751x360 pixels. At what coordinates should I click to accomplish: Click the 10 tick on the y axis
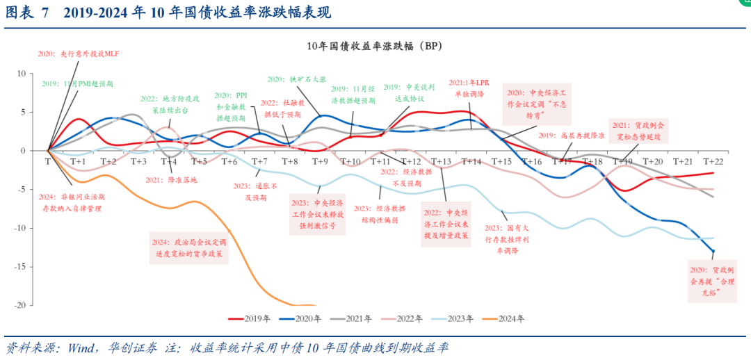pos(21,73)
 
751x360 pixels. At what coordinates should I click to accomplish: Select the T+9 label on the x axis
pos(320,161)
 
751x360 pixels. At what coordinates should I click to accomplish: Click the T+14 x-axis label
pos(471,161)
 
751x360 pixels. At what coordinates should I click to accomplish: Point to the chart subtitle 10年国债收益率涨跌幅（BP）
pos(375,46)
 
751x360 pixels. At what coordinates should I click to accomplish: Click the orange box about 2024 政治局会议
pos(189,248)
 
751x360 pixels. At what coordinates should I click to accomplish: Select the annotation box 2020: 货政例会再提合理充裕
pos(713,282)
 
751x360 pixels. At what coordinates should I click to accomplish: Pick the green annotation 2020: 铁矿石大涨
pos(297,79)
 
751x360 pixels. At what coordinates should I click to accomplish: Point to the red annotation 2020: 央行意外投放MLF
pos(79,54)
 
